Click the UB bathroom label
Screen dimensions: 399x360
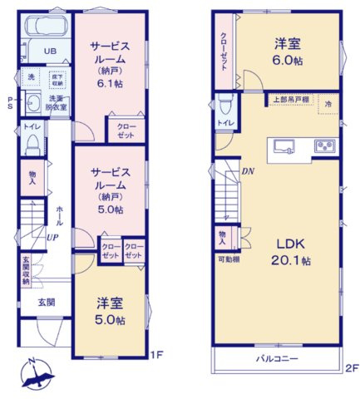[x=50, y=51]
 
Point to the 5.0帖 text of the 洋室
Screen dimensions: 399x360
[x=109, y=320]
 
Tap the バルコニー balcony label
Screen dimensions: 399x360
[x=276, y=359]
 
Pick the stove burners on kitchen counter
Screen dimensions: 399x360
[x=323, y=146]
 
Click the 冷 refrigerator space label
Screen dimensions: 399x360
[x=328, y=105]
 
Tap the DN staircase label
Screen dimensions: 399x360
[x=247, y=172]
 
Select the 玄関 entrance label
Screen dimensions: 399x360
[x=47, y=302]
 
